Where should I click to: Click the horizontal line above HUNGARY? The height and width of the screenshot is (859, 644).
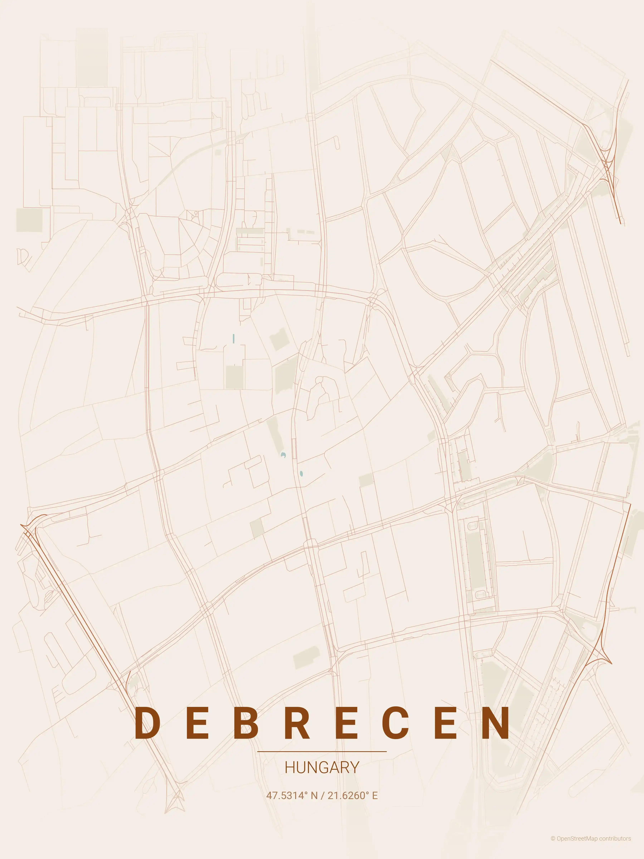(x=322, y=751)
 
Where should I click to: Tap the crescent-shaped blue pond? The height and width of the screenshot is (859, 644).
(x=284, y=455)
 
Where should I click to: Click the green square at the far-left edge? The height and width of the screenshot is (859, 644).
(x=29, y=220)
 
